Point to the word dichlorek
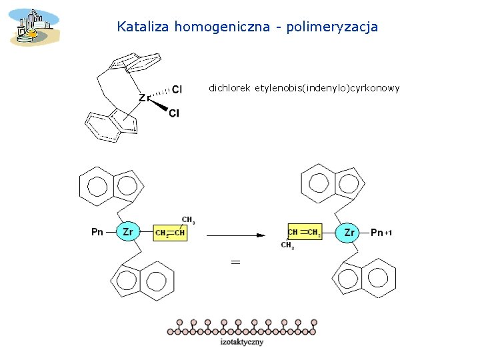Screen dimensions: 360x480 coord(229,87)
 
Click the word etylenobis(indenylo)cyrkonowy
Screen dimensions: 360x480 coord(327,87)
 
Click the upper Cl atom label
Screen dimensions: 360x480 coord(177,89)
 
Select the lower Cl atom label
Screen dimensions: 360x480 coord(174,113)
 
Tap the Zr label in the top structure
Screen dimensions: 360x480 coord(145,98)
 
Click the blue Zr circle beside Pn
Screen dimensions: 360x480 coord(128,232)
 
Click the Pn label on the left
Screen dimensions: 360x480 coord(97,232)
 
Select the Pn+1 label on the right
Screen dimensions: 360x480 coord(381,233)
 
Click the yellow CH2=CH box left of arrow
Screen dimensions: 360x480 coord(170,233)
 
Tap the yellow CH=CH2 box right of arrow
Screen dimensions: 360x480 coord(305,232)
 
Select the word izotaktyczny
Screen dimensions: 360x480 coord(241,342)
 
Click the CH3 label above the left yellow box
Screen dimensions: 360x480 coord(188,219)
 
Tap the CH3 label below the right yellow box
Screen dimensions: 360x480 coord(288,245)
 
